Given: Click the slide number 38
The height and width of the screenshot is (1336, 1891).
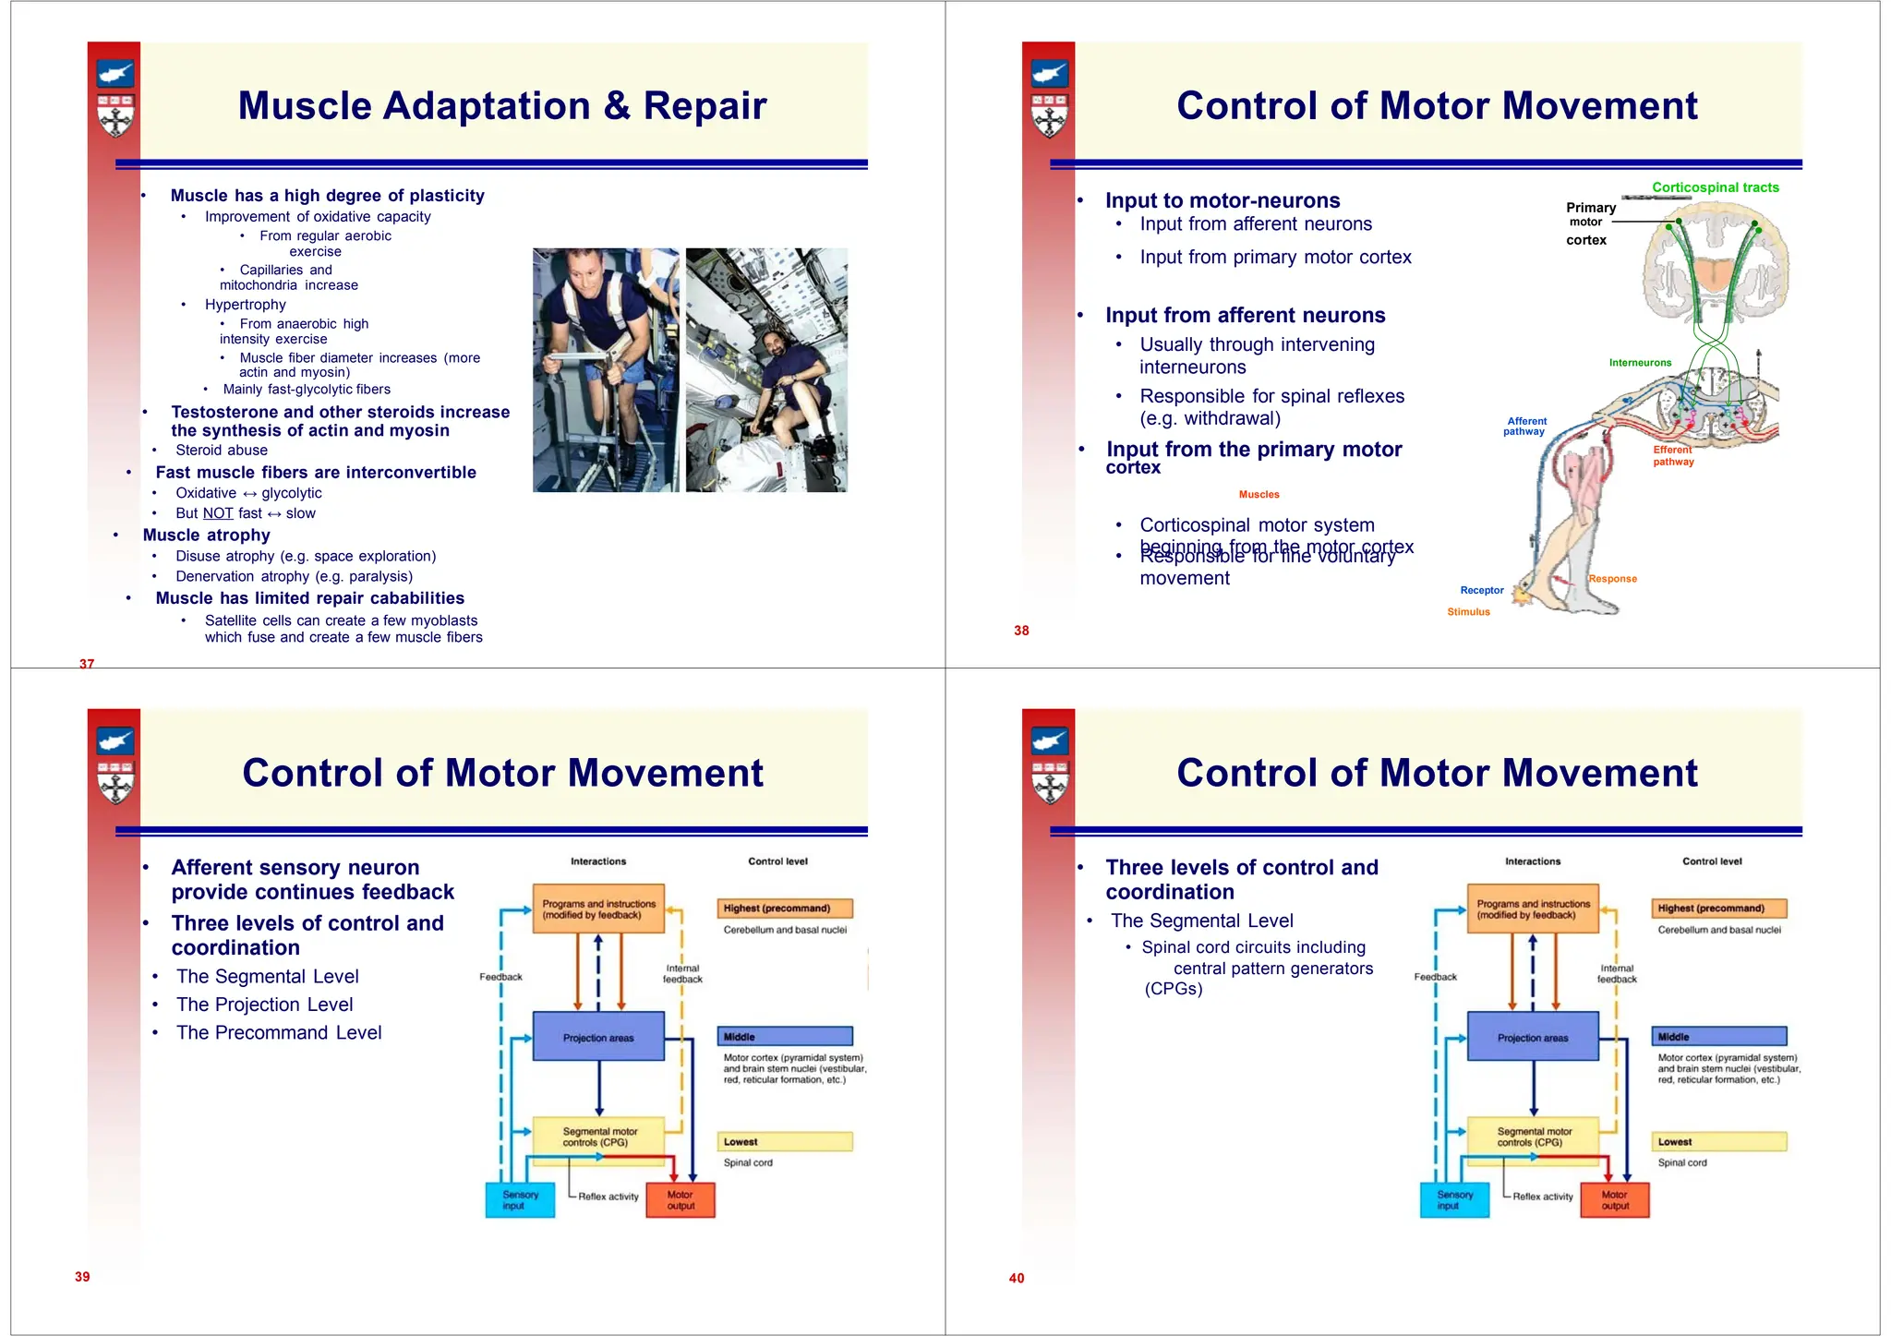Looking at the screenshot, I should click(1021, 631).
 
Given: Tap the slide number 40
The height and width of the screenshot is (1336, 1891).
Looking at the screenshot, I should click(1017, 1278).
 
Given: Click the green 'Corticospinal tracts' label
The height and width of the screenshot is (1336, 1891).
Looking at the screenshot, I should click(1715, 187).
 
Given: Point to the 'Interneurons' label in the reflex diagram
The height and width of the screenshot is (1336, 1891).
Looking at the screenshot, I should click(1640, 363).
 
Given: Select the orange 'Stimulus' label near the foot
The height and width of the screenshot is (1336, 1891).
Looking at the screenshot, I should click(1468, 612).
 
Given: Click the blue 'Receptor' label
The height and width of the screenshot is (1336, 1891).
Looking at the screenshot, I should click(1481, 590).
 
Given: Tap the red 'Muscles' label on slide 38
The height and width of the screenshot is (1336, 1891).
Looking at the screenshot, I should click(1259, 495).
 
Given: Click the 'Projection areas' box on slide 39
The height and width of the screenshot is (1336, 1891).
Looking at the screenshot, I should click(598, 1037).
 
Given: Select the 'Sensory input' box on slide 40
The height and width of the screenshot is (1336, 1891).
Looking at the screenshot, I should click(1454, 1199).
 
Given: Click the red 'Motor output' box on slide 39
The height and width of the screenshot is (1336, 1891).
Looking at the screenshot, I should click(681, 1199).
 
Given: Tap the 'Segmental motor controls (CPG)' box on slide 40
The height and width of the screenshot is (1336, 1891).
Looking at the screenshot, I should click(1534, 1137).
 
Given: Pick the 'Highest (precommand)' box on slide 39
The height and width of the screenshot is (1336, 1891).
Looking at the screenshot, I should click(785, 909).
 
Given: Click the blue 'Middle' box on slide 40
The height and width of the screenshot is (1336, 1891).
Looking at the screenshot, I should click(1718, 1037).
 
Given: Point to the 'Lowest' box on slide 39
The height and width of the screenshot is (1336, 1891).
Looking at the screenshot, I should click(785, 1142).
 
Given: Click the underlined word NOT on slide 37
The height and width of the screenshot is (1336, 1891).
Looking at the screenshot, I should click(218, 513).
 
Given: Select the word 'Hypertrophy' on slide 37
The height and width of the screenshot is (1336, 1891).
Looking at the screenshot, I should click(246, 305).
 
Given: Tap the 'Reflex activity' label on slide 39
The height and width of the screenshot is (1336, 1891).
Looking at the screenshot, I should click(608, 1197).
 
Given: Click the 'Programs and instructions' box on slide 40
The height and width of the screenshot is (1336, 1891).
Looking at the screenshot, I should click(1533, 909).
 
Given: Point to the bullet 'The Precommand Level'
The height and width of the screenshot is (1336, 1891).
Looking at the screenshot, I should click(279, 1032).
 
